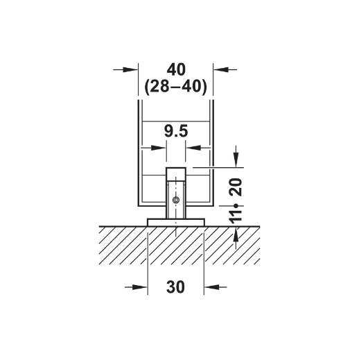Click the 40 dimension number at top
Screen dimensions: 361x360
[176, 69]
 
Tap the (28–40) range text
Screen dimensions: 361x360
[176, 87]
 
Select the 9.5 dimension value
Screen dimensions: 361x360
[176, 131]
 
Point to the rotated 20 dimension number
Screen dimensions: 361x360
[236, 187]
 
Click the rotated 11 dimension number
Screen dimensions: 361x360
[236, 217]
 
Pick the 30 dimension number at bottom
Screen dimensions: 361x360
[175, 287]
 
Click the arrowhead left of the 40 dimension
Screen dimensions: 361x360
[130, 69]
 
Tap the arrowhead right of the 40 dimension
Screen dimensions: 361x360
[221, 69]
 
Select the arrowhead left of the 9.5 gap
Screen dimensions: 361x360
[159, 148]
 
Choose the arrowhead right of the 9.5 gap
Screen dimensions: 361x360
[193, 148]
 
